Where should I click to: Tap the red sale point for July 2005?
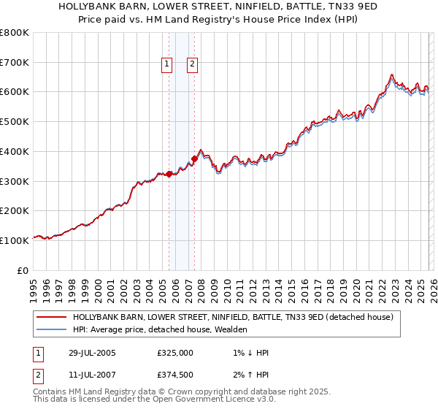tap(169, 174)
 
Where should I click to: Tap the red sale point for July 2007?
tap(194, 158)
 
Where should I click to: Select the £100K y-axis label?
tap(15, 240)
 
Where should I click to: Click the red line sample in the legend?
tap(51, 317)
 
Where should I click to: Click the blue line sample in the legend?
tap(51, 329)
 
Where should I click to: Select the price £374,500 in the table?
tap(175, 375)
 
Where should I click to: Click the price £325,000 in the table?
tap(175, 353)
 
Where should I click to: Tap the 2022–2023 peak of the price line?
tap(392, 74)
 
